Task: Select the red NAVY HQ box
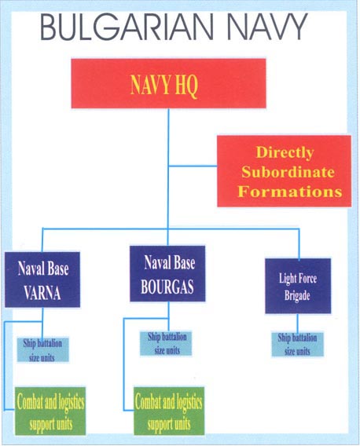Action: click(169, 83)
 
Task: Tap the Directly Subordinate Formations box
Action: click(284, 171)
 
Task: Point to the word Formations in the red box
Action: click(290, 191)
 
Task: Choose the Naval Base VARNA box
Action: click(42, 280)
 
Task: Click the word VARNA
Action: click(42, 293)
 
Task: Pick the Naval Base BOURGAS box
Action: click(167, 273)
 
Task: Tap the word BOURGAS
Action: click(167, 287)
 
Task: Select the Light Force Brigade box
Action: click(298, 286)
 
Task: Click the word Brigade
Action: click(297, 295)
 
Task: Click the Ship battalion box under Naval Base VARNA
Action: click(42, 349)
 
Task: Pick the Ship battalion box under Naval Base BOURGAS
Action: click(166, 343)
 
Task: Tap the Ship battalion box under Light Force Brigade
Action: click(298, 344)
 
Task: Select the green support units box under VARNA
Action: click(50, 411)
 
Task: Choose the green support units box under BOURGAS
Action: click(169, 411)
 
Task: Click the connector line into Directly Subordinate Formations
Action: click(193, 166)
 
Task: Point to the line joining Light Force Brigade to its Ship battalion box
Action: click(298, 324)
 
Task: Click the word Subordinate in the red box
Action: click(288, 172)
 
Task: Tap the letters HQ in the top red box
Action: click(186, 86)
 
